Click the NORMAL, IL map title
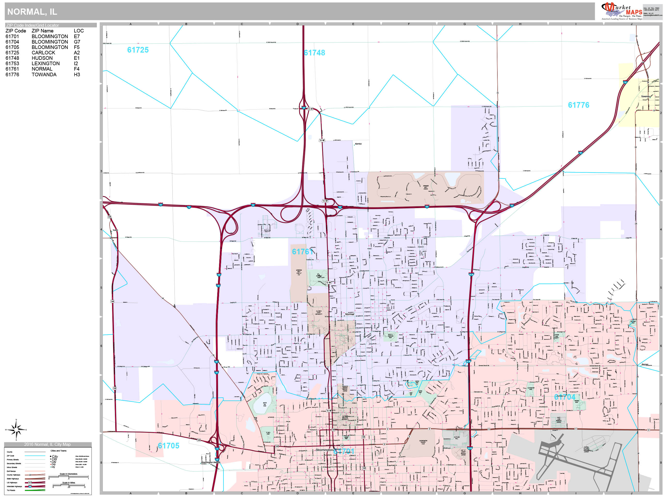[x=32, y=12]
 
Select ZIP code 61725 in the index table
[x=12, y=53]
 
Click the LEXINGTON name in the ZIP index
[x=46, y=63]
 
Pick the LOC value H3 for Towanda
[x=77, y=74]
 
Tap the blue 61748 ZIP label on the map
[x=314, y=53]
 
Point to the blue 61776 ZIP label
[x=578, y=105]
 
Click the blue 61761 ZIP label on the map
[x=302, y=252]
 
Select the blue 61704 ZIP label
[x=564, y=397]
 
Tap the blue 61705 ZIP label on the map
[x=169, y=446]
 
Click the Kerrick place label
[x=358, y=144]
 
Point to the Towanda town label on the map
[x=645, y=96]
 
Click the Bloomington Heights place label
[x=211, y=462]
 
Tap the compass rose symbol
[x=16, y=429]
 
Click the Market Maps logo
[x=622, y=11]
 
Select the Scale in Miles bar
[x=69, y=485]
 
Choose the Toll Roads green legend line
[x=35, y=490]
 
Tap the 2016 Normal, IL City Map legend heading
[x=47, y=444]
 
